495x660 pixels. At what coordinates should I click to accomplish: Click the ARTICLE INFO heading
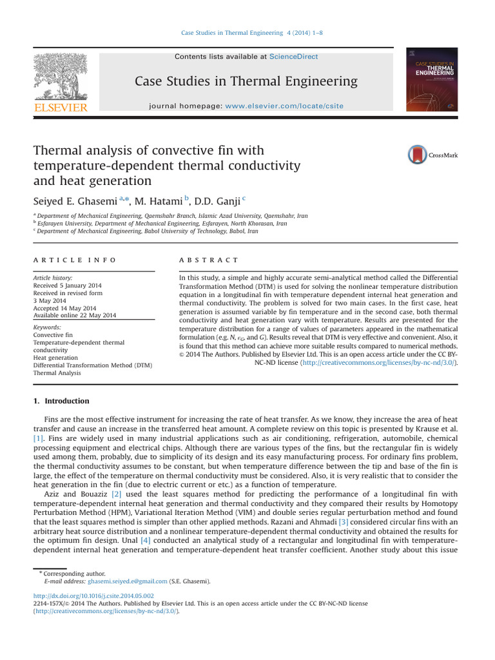[75, 260]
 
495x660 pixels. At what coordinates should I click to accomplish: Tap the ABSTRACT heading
[208, 260]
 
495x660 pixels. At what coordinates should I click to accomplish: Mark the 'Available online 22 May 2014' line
[75, 315]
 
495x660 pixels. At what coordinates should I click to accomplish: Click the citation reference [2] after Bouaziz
[117, 494]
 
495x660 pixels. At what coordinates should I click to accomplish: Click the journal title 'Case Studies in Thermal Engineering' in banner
[246, 81]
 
